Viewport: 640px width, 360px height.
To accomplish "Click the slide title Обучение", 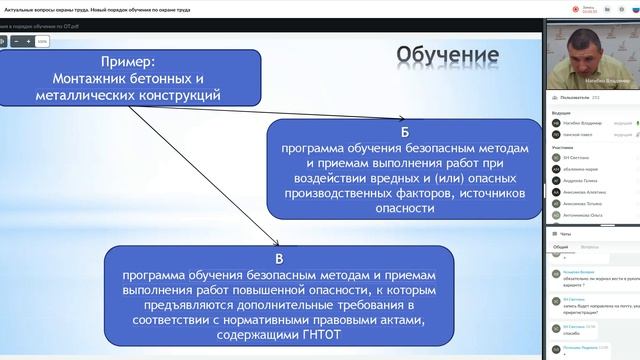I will click(447, 52).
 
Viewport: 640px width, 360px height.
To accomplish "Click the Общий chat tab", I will click(560, 246).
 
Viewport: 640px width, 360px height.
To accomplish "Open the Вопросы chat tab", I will click(589, 246).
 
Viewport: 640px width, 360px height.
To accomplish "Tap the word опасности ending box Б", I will click(407, 210).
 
